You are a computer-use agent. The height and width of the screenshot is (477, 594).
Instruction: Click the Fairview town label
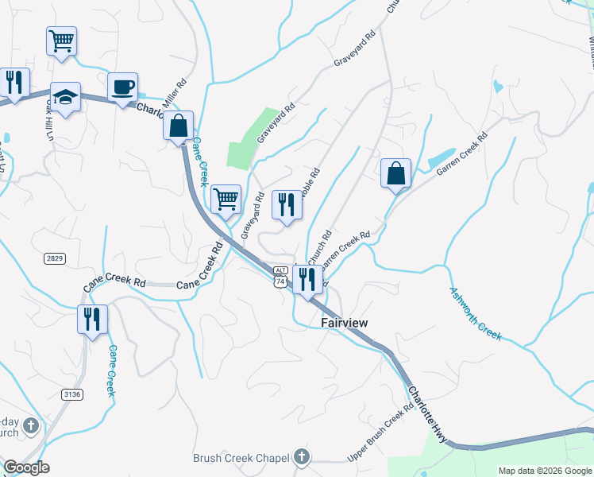point(346,323)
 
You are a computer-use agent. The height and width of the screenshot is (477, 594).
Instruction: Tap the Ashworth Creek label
point(476,313)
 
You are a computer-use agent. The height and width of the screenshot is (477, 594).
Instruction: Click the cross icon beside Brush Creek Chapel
point(300,457)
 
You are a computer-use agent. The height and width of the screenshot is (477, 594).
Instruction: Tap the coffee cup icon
point(122,87)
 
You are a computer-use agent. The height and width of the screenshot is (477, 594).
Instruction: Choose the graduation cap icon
point(65,97)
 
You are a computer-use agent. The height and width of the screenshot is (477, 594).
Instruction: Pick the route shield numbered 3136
point(72,394)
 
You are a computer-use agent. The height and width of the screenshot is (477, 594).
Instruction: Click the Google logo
point(26,467)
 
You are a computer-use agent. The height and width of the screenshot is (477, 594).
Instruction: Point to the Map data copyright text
point(545,471)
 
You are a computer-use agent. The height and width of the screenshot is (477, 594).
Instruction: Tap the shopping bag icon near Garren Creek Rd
point(395,173)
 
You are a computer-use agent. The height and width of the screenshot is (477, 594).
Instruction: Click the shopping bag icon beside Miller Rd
point(179,125)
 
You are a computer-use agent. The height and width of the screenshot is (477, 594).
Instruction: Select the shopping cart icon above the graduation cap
point(61,40)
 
